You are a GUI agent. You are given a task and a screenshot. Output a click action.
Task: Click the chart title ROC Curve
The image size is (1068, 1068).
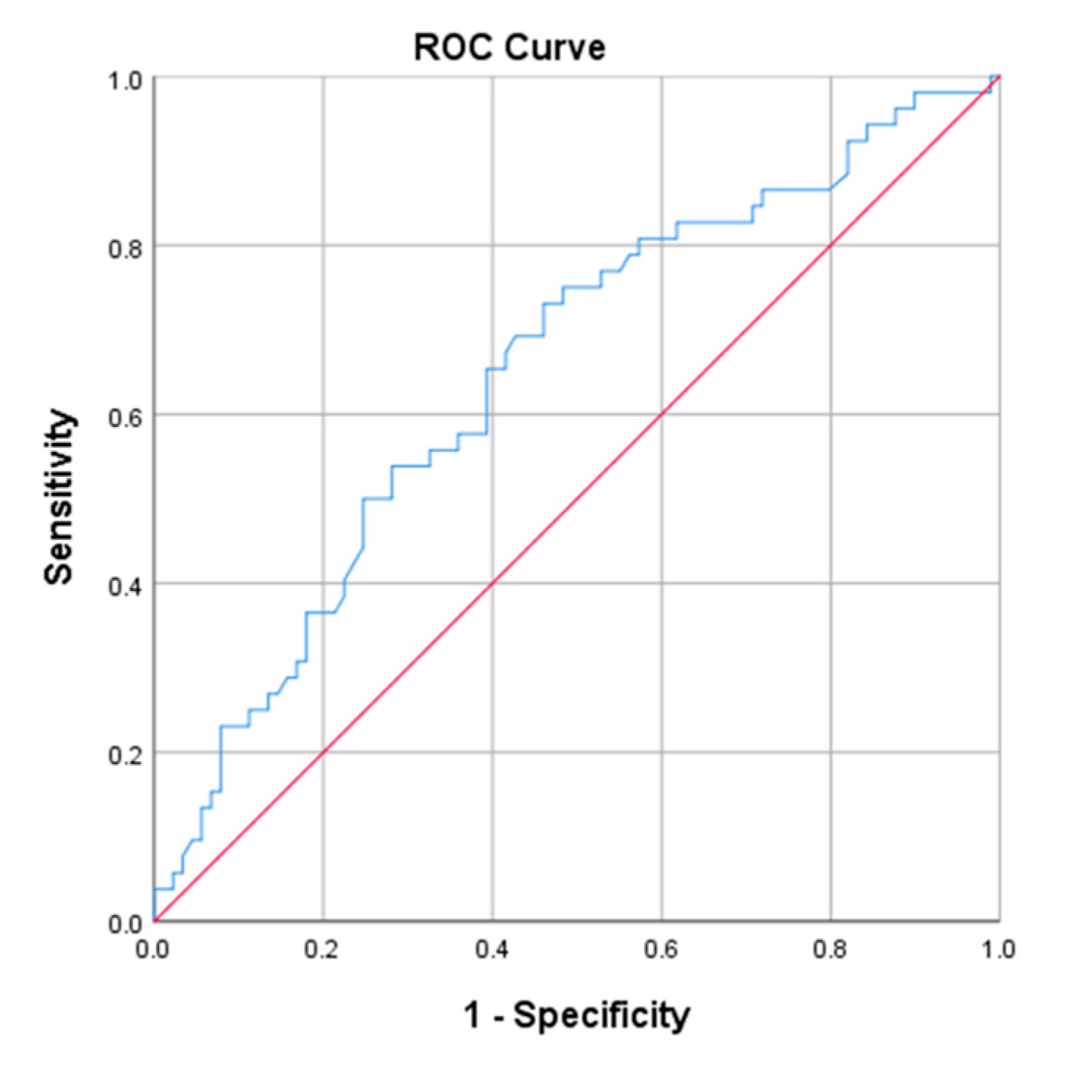click(x=510, y=48)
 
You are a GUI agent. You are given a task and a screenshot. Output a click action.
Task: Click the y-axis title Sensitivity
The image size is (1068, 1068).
click(x=59, y=497)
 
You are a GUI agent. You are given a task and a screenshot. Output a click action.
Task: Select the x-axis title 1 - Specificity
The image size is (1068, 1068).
click(x=576, y=1015)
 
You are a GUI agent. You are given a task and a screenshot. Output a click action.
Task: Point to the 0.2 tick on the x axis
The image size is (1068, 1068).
click(x=322, y=950)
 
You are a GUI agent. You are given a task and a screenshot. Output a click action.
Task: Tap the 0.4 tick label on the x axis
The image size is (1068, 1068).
click(x=492, y=950)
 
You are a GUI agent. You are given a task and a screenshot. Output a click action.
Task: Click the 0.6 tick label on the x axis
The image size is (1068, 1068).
click(x=661, y=950)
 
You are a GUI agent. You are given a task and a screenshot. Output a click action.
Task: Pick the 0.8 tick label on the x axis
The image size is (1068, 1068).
click(x=830, y=950)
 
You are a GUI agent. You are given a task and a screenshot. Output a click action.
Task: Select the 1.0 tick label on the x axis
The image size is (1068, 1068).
click(x=998, y=950)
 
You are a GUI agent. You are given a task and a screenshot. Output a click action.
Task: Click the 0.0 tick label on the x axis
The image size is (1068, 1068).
click(x=152, y=950)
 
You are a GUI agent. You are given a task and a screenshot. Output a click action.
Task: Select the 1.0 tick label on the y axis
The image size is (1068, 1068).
click(x=125, y=80)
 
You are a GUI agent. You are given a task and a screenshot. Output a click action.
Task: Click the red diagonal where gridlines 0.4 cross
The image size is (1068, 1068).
click(x=492, y=583)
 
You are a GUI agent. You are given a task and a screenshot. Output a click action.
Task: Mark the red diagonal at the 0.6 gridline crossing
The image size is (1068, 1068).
click(x=661, y=415)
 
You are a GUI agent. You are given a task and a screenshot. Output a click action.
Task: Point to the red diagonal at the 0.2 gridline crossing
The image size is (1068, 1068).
click(x=323, y=752)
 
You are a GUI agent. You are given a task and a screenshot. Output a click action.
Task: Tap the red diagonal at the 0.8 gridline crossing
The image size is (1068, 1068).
click(x=831, y=245)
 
